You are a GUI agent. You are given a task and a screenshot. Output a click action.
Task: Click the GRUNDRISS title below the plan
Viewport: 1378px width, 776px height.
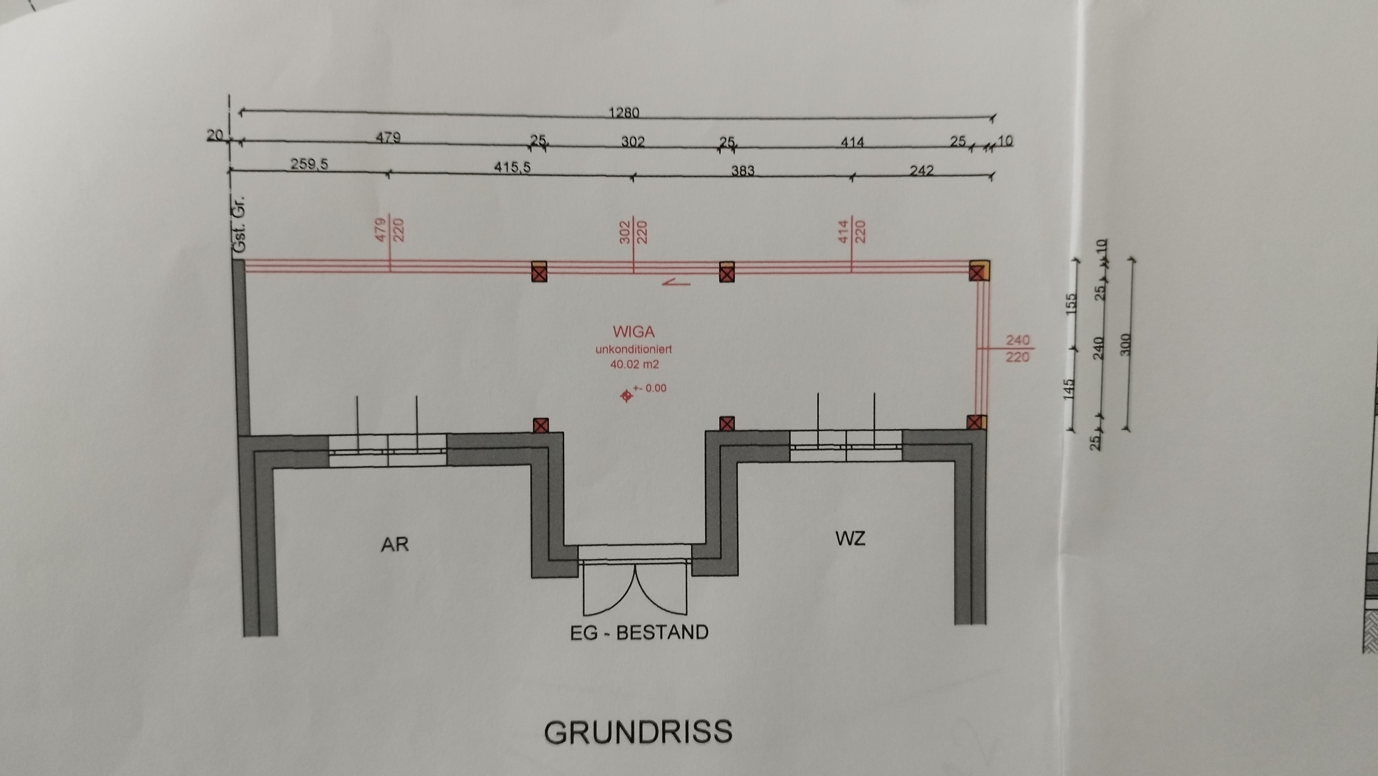coord(638,732)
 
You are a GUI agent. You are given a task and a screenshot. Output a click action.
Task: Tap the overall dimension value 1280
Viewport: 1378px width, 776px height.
coord(624,113)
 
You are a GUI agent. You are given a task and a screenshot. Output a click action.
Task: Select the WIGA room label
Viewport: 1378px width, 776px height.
coord(634,332)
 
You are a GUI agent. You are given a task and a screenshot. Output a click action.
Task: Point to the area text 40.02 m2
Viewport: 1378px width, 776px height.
coord(635,365)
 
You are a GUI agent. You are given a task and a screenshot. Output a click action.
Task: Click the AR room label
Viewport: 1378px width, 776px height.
coord(395,544)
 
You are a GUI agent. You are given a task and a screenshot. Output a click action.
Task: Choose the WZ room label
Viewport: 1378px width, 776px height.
coord(850,538)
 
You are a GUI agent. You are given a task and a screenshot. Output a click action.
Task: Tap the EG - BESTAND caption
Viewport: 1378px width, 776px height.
coord(639,633)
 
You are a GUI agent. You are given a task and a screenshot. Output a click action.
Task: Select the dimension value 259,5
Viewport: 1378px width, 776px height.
coord(309,164)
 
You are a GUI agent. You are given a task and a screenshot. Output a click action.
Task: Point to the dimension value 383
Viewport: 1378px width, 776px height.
coord(743,170)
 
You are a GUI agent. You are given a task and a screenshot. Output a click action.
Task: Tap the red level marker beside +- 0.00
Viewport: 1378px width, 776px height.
coord(626,396)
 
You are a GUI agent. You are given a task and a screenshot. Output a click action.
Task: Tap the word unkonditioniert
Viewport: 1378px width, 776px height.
coord(634,349)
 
